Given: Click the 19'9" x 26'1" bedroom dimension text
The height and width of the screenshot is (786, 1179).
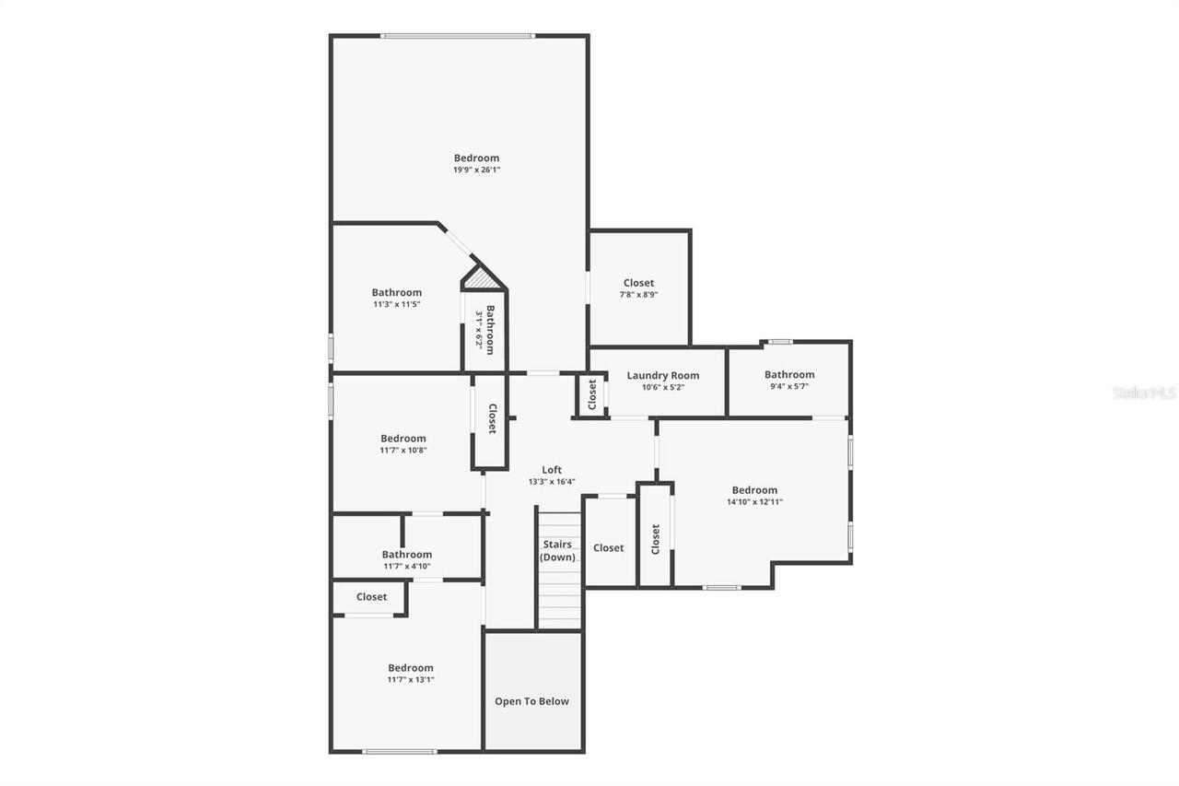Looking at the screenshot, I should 476,170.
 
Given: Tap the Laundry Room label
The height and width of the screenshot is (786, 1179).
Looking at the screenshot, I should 662,375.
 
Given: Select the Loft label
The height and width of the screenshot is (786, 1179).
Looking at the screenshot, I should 552,470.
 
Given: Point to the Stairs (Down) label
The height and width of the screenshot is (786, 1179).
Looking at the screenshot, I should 558,550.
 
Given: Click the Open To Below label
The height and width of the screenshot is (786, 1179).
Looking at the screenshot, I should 531,701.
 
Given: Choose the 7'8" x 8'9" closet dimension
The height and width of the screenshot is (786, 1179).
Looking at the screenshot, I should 638,295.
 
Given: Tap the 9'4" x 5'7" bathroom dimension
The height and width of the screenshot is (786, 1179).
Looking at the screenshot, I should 788,386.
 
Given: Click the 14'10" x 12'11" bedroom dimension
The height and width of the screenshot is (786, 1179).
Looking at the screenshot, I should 754,502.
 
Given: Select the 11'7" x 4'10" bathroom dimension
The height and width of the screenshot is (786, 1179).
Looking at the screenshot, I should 406,566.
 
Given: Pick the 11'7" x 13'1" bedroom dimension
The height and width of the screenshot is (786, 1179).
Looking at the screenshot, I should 410,680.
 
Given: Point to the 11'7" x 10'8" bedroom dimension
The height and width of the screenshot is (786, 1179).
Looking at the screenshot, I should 403,451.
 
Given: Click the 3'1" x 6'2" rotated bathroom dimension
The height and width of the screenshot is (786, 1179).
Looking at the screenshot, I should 479,328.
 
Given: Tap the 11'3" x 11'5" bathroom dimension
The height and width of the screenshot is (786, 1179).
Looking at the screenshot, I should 396,304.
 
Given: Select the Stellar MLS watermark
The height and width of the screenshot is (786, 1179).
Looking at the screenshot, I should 1144,393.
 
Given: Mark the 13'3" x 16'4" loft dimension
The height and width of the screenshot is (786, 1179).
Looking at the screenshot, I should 552,482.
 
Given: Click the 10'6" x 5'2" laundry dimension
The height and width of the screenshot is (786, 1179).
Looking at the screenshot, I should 662,387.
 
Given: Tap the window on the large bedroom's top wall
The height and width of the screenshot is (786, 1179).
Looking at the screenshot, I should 458,36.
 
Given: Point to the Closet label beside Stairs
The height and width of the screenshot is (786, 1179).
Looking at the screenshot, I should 608,547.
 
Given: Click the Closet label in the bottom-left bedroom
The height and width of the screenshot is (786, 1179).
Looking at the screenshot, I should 371,596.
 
